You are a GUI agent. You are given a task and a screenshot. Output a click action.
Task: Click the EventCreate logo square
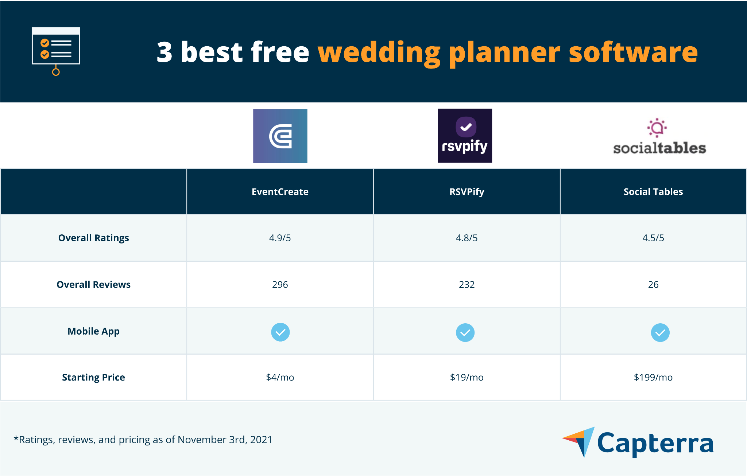(280, 136)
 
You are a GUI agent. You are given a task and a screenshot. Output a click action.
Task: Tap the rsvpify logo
(465, 136)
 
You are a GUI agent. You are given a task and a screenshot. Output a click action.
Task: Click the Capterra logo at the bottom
(638, 442)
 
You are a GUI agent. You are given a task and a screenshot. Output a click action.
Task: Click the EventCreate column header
(280, 192)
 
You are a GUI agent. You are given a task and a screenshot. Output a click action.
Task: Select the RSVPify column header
(467, 192)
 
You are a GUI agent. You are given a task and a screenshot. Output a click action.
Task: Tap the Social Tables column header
(653, 192)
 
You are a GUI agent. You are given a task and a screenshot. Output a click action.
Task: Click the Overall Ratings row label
(93, 238)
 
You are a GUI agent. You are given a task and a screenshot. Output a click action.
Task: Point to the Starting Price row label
(93, 377)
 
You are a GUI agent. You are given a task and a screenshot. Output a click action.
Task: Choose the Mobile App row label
(93, 331)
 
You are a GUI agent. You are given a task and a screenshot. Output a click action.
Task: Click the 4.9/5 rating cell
(280, 238)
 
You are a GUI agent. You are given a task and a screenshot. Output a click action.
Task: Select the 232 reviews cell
(467, 285)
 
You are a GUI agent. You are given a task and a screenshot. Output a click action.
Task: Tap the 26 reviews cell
(653, 285)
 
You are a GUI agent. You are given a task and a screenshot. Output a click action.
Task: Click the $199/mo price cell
(653, 377)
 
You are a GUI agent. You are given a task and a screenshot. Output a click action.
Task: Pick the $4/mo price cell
(280, 377)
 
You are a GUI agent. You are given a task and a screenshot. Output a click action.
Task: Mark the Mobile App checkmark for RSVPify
(465, 332)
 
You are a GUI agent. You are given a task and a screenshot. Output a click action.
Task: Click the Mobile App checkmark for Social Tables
(660, 332)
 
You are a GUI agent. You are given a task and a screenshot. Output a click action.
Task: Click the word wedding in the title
(379, 53)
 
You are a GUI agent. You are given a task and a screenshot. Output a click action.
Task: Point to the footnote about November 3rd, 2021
(143, 440)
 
